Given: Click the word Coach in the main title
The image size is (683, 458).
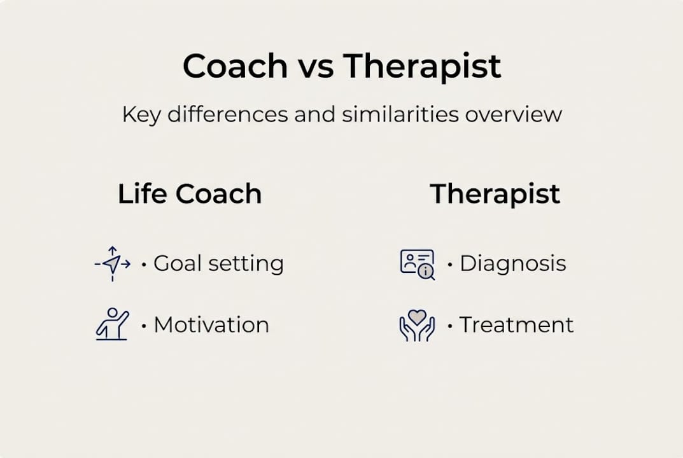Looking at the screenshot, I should (x=236, y=66).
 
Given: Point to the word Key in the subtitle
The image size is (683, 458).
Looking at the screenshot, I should (x=141, y=116).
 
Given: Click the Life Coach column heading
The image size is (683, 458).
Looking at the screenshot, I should (x=190, y=194).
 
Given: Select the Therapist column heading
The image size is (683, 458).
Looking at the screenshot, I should (x=495, y=194).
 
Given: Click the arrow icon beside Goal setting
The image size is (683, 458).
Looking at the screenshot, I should (x=113, y=263).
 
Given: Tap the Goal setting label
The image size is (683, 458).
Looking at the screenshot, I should (x=218, y=263).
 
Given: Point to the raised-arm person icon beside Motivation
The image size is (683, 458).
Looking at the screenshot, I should (x=112, y=324).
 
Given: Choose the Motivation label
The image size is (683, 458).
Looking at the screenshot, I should (x=211, y=325).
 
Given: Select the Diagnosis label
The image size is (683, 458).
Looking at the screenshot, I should (x=512, y=263).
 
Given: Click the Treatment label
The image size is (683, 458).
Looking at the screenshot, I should (x=516, y=325).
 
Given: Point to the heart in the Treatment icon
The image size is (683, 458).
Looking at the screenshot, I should (x=417, y=316).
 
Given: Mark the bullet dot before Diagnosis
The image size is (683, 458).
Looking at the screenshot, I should (x=450, y=264).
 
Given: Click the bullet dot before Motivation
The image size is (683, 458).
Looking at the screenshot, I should (x=144, y=326).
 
